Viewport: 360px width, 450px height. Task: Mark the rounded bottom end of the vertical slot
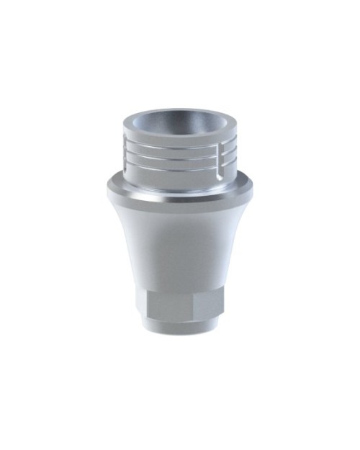(220, 174)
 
